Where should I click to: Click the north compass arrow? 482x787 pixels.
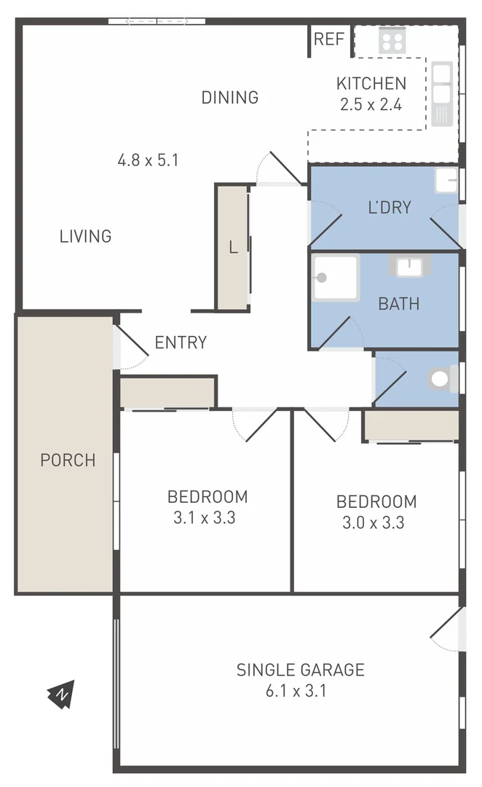(x=61, y=694)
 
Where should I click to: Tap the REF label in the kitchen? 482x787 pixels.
(x=328, y=39)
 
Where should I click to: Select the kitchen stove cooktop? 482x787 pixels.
(x=392, y=40)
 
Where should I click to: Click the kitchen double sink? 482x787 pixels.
(x=442, y=93)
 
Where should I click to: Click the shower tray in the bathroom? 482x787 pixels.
(x=336, y=278)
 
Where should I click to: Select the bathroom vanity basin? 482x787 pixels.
(x=408, y=267)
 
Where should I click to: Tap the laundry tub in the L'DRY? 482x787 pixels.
(x=446, y=181)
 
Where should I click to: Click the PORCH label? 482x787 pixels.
(x=68, y=460)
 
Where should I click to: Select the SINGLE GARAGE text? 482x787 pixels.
(x=300, y=670)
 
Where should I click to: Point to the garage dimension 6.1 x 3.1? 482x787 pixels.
(x=296, y=690)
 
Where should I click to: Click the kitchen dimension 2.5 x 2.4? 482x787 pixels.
(x=371, y=104)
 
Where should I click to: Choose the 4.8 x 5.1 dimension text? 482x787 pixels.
(x=148, y=160)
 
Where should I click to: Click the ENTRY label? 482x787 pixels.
(x=181, y=342)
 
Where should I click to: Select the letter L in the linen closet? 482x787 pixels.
(x=233, y=248)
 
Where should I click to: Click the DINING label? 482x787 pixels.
(x=230, y=97)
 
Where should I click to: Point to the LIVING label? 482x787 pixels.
(x=85, y=236)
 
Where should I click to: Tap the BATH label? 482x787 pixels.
(x=398, y=303)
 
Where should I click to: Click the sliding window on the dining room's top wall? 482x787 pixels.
(x=157, y=22)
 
